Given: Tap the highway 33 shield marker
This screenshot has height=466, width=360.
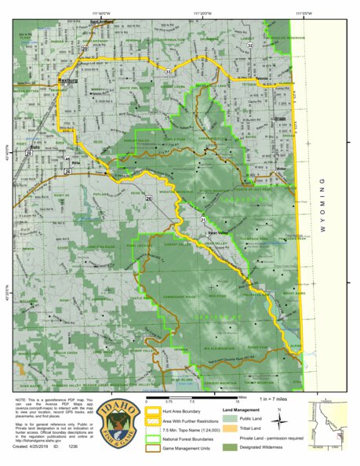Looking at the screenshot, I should [168, 72].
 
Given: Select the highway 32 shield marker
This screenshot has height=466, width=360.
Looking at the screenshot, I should [250, 46].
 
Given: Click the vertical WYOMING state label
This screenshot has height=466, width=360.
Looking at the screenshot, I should [322, 206].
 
